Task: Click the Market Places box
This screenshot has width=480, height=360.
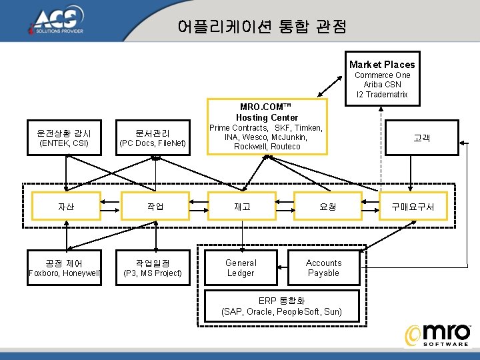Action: tap(383, 79)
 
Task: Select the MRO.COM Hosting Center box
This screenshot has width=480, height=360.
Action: tap(267, 127)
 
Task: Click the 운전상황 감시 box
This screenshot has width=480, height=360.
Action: tap(65, 138)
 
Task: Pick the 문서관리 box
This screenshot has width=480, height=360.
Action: tap(152, 138)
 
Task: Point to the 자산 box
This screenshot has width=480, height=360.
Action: tap(66, 207)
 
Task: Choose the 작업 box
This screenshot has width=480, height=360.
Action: tap(155, 207)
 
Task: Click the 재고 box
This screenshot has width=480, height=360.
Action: tap(242, 207)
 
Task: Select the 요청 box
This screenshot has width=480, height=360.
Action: tap(328, 207)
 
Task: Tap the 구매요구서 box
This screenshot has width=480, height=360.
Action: tap(413, 207)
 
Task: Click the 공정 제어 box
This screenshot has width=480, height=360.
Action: tap(65, 267)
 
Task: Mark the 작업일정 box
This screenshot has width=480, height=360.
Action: tap(153, 267)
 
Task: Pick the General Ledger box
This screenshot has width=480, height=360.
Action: tap(241, 267)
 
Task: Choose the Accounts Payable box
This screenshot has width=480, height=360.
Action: tap(323, 267)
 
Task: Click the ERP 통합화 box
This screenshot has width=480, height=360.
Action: tap(281, 305)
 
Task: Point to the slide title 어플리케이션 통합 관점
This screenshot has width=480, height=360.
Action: tap(262, 27)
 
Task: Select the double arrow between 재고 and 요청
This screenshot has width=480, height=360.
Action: tap(285, 207)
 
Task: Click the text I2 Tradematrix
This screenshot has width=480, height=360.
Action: tap(383, 94)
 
